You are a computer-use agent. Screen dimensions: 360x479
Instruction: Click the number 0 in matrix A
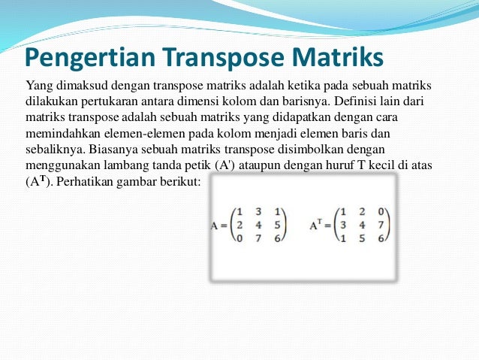[x=239, y=237]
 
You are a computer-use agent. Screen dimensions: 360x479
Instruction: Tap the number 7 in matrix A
[x=258, y=237]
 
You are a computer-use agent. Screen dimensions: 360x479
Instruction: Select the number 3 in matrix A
[x=258, y=211]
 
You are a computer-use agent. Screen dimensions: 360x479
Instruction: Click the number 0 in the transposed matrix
[x=381, y=211]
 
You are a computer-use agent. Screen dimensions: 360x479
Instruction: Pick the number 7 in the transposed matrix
[x=381, y=225]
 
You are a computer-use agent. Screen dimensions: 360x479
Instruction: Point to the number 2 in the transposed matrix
[x=363, y=211]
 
